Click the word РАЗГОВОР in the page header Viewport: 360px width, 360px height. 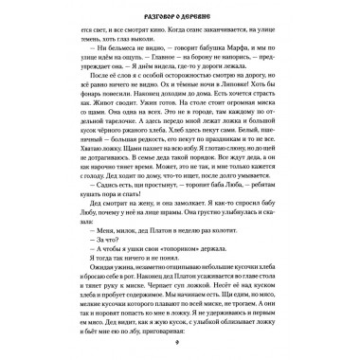click(155, 30)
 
